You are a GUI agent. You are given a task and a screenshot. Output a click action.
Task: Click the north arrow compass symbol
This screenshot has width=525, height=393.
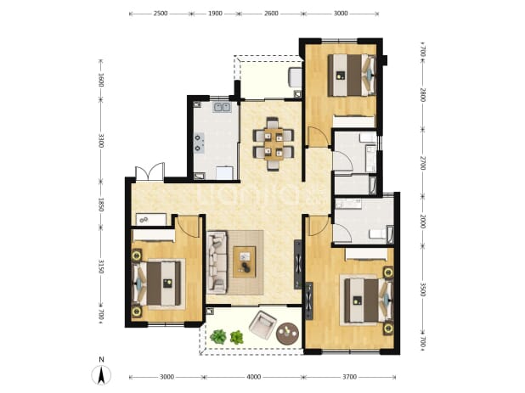(x=101, y=374)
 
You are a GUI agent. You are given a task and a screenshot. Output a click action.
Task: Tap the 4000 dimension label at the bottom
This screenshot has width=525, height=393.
(x=253, y=377)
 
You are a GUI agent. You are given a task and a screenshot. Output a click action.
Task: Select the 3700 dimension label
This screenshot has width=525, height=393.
(x=349, y=377)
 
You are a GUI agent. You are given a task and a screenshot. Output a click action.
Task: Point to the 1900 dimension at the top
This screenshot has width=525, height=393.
(x=215, y=14)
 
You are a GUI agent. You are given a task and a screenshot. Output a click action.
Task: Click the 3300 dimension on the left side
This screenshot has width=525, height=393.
(x=101, y=140)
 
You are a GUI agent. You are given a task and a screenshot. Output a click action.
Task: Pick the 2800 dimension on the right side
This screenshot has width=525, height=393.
(x=422, y=95)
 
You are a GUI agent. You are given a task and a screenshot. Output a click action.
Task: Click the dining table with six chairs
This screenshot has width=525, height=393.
(x=274, y=143)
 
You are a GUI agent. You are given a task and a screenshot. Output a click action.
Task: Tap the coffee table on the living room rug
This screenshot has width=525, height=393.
(x=245, y=261)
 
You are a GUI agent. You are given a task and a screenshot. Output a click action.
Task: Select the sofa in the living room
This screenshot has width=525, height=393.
(x=217, y=262)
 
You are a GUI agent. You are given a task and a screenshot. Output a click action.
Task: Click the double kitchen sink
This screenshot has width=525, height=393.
(x=222, y=107)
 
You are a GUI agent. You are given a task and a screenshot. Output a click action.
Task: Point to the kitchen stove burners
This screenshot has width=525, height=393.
(x=198, y=143)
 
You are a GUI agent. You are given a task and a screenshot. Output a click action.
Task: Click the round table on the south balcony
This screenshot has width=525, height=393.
(x=287, y=333)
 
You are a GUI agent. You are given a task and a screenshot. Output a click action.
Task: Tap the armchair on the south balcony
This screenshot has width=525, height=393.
(x=262, y=324)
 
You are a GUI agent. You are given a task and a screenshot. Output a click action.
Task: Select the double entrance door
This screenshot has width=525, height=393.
(x=150, y=171)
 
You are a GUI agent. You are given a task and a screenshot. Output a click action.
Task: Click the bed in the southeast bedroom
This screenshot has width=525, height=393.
(x=367, y=300)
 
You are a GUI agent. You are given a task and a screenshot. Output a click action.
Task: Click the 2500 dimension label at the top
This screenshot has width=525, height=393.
(x=161, y=14)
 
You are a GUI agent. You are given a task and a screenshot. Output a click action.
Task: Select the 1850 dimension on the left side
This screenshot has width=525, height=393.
(x=101, y=205)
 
